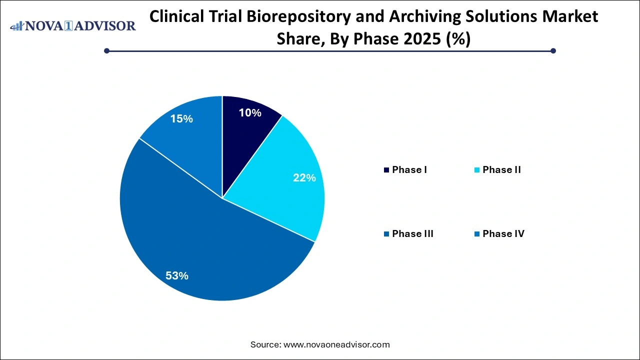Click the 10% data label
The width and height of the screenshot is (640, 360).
pyautogui.click(x=250, y=113)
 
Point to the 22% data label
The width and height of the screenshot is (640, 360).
pyautogui.click(x=304, y=177)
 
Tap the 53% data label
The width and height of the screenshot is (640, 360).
pyautogui.click(x=177, y=275)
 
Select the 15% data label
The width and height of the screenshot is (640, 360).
pyautogui.click(x=181, y=119)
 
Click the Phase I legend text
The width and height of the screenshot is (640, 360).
pyautogui.click(x=409, y=170)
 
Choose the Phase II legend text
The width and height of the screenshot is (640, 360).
pyautogui.click(x=501, y=170)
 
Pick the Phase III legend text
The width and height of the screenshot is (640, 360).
pyautogui.click(x=412, y=233)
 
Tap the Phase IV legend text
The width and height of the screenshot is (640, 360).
pyautogui.click(x=503, y=233)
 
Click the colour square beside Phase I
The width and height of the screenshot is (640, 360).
pyautogui.click(x=386, y=170)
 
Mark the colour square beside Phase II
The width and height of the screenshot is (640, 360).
pyautogui.click(x=477, y=170)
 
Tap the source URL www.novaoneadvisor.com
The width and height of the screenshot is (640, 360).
pyautogui.click(x=336, y=344)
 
